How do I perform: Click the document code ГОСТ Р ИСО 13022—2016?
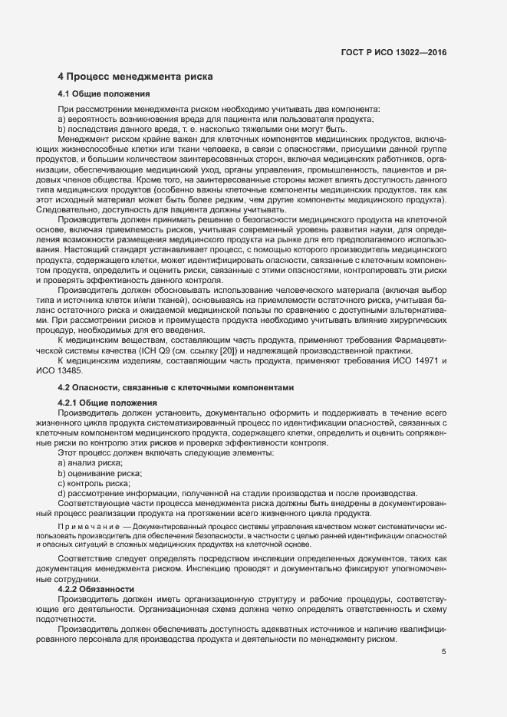pyautogui.click(x=393, y=53)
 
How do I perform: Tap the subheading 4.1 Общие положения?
pyautogui.click(x=104, y=94)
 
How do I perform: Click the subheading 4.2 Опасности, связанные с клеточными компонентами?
pyautogui.click(x=176, y=388)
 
